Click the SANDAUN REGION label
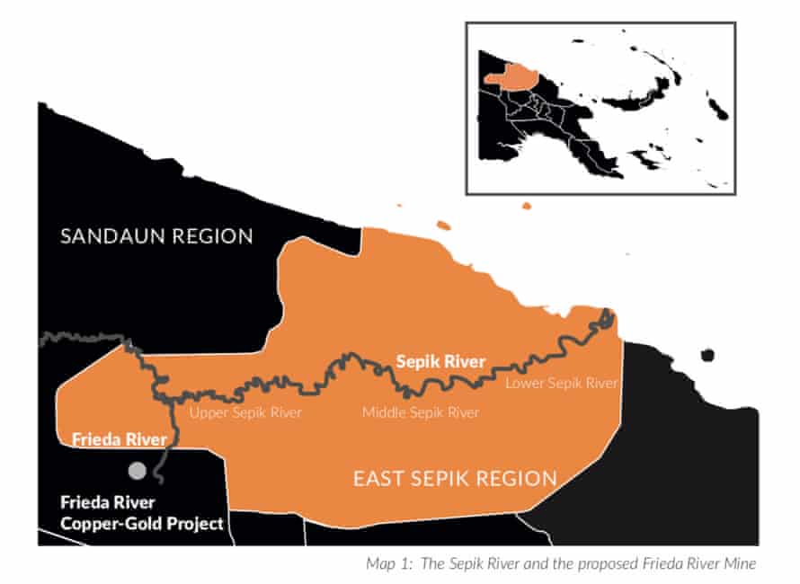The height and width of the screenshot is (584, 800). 156,237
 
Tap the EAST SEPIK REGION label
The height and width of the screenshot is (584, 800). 455,478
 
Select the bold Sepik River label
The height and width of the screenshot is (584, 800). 440,362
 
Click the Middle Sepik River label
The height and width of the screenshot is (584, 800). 420,413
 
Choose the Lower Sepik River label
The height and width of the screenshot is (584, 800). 561,384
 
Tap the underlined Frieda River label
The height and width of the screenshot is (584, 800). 119,439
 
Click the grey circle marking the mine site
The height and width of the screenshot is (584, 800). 137,470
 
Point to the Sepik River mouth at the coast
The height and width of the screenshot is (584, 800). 608,316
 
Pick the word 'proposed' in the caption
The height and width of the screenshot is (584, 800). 600,564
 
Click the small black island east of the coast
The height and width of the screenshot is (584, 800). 707,355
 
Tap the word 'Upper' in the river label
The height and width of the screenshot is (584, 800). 207,413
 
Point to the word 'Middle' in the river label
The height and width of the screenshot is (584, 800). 384,413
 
